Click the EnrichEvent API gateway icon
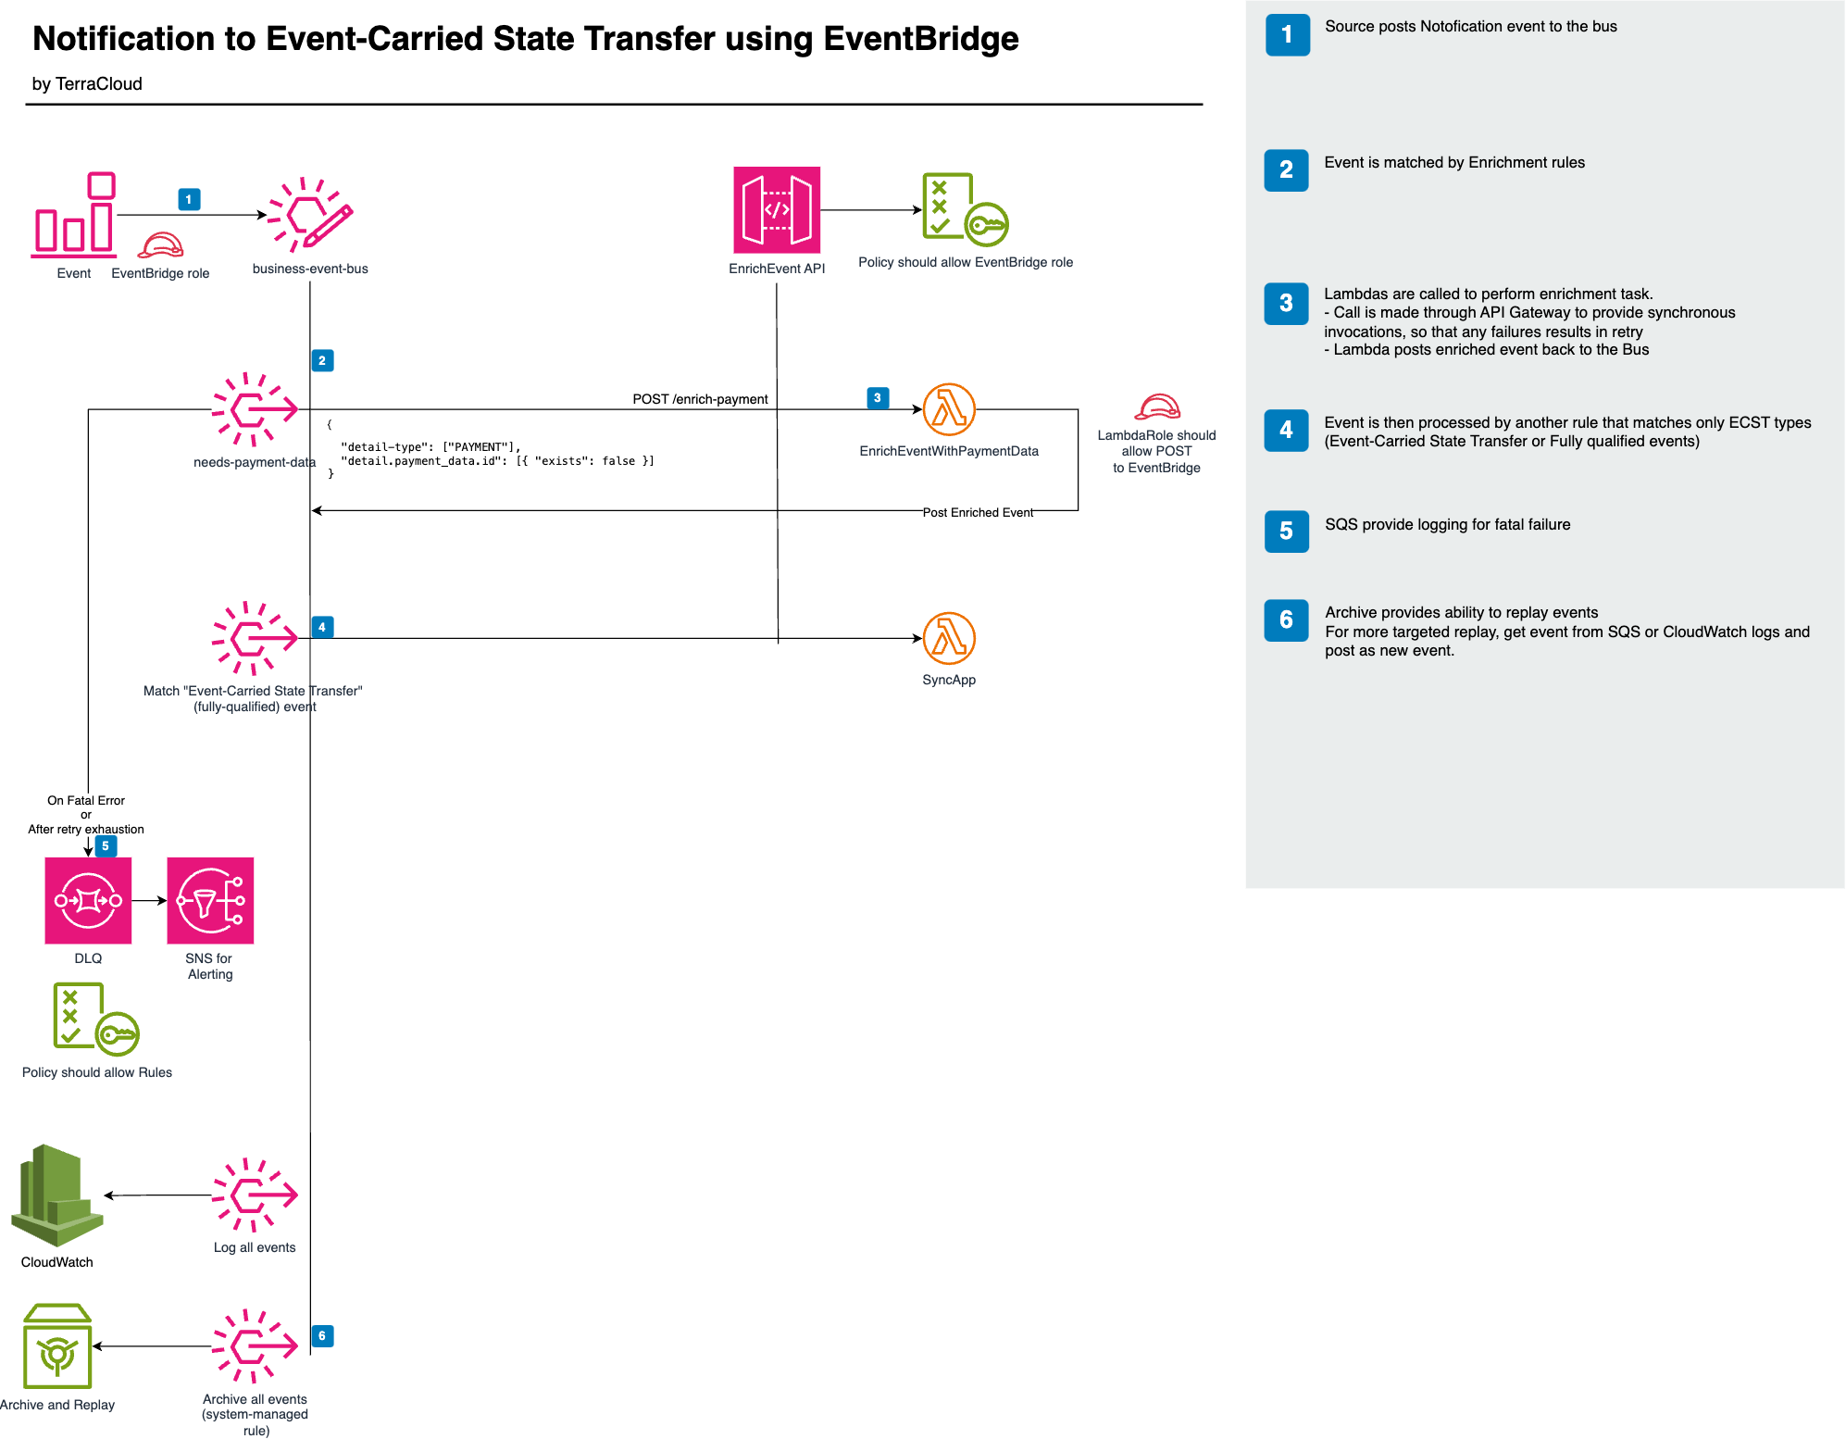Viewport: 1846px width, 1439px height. coord(776,210)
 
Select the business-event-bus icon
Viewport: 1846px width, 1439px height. coord(310,215)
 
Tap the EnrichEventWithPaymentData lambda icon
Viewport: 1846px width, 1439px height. coord(949,409)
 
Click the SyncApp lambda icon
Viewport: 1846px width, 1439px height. coord(949,638)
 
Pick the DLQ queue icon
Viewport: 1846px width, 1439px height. coord(88,900)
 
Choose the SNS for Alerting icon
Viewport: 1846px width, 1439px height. coord(210,900)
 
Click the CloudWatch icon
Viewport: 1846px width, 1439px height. coord(57,1195)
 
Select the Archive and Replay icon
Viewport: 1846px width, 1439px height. coord(57,1346)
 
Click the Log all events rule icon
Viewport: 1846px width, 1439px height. coord(255,1195)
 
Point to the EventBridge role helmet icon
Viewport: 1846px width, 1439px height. coord(161,245)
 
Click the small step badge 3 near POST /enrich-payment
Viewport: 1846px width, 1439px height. coord(878,398)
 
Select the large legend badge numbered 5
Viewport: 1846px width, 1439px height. coord(1286,532)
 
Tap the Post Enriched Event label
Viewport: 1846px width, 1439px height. coord(978,512)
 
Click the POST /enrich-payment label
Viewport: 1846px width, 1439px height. coord(700,399)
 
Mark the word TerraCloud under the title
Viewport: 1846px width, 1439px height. coord(99,84)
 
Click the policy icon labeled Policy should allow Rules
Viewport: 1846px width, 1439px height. coord(95,1019)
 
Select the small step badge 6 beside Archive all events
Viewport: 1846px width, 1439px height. coord(322,1335)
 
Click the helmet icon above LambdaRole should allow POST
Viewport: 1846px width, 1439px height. coord(1157,407)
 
